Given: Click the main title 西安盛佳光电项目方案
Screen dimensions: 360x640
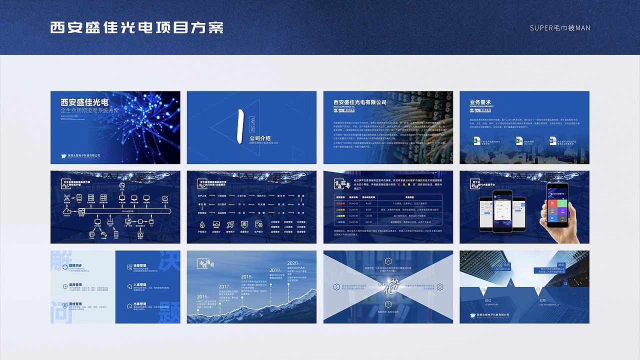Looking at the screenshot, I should click(x=136, y=27).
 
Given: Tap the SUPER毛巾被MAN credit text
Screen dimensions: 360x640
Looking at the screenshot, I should click(x=560, y=28).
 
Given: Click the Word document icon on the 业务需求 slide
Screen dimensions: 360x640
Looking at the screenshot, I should click(x=553, y=141).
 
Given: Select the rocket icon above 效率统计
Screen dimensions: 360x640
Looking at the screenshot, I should click(x=230, y=224).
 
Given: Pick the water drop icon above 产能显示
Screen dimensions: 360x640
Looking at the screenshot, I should click(x=202, y=224).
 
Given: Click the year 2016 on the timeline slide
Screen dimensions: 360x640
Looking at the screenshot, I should click(x=201, y=297).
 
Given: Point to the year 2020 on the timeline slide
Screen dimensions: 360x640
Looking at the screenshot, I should click(x=292, y=263).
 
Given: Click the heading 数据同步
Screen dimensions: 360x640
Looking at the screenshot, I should click(x=78, y=265).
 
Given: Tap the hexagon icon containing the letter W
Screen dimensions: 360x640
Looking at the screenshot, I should click(x=388, y=261).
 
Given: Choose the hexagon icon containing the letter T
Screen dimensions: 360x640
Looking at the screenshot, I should click(x=388, y=304).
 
